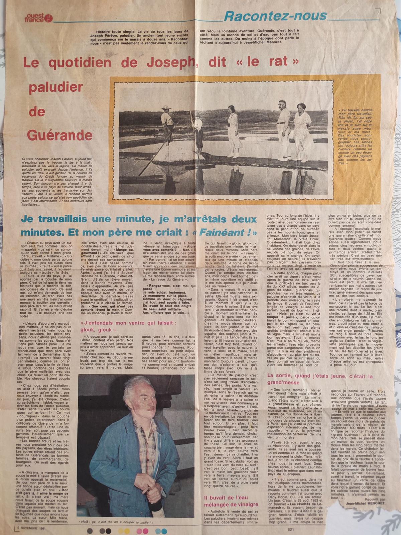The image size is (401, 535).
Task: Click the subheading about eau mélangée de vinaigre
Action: pos(230,504)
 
